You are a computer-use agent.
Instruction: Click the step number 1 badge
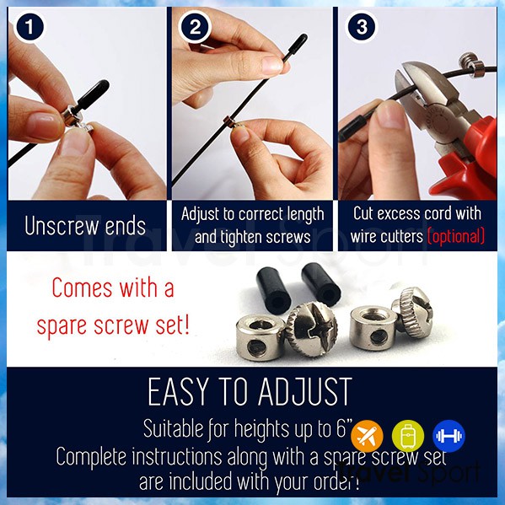[x=30, y=27]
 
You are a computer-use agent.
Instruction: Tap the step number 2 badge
[x=195, y=27]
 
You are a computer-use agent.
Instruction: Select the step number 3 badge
[x=361, y=27]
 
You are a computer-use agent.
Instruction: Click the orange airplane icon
[x=367, y=436]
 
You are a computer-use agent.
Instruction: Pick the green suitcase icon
[x=408, y=436]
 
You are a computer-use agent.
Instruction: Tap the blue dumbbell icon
[x=449, y=436]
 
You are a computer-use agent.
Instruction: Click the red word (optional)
[x=456, y=236]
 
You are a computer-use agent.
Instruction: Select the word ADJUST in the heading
[x=304, y=392]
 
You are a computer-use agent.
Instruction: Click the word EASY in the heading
[x=178, y=392]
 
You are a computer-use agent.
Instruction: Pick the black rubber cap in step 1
[x=92, y=95]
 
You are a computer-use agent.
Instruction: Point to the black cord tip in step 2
[x=297, y=45]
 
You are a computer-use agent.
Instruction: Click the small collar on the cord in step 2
[x=229, y=121]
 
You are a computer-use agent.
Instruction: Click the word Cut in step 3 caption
[x=363, y=213]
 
